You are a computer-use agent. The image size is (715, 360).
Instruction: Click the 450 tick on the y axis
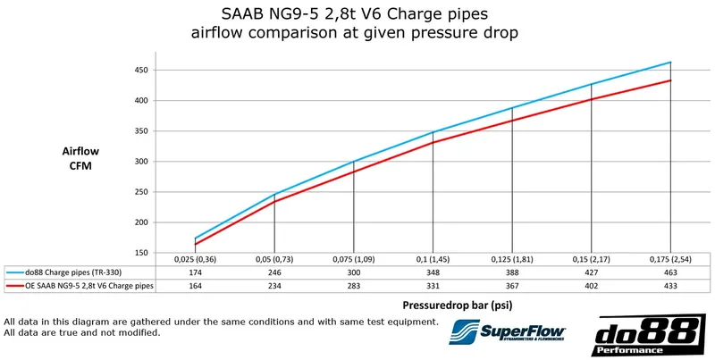coord(139,71)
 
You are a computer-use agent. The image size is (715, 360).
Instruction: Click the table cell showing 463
coord(670,272)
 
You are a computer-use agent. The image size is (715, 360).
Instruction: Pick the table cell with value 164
coord(195,286)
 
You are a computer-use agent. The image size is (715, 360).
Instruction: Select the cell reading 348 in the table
coord(433,272)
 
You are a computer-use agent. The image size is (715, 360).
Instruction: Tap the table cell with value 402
coord(591,286)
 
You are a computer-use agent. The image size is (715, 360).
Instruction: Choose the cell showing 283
coord(353,286)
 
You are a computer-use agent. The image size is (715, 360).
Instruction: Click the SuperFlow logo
coord(506,334)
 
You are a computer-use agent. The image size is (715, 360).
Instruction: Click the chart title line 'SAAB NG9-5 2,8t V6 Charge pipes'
coord(355,15)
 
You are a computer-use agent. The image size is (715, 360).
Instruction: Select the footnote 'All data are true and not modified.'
coord(82,332)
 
